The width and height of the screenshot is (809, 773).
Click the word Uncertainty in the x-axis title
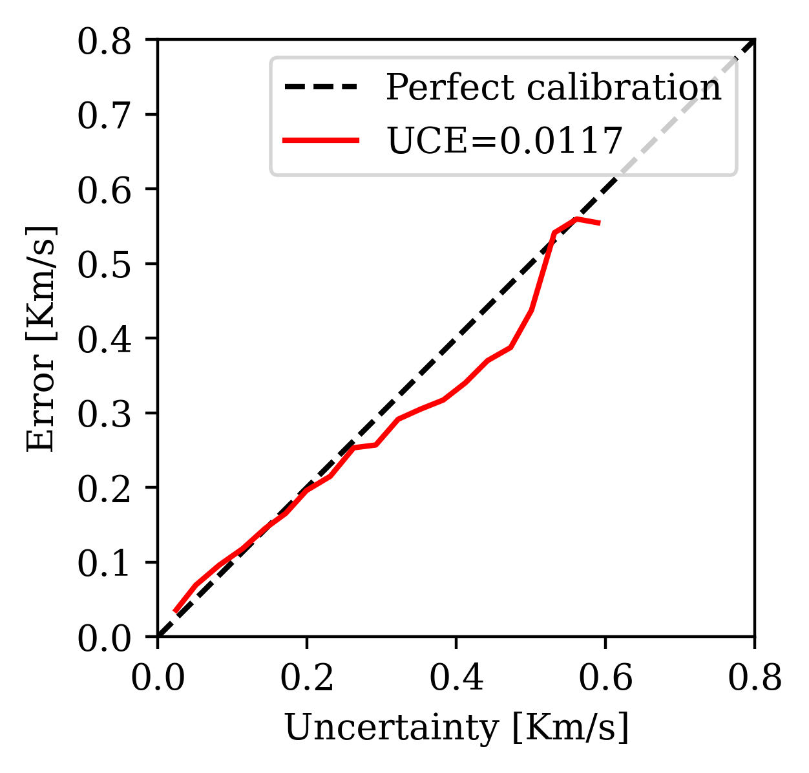click(x=392, y=728)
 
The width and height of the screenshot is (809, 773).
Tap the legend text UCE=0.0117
click(x=504, y=140)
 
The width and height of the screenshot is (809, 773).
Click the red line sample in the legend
click(x=321, y=140)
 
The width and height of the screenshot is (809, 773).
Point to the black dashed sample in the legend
click(x=321, y=87)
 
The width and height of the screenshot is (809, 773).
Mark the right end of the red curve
click(x=600, y=223)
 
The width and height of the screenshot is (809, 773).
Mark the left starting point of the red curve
click(x=174, y=611)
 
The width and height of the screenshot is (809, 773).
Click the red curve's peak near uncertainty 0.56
click(x=576, y=218)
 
